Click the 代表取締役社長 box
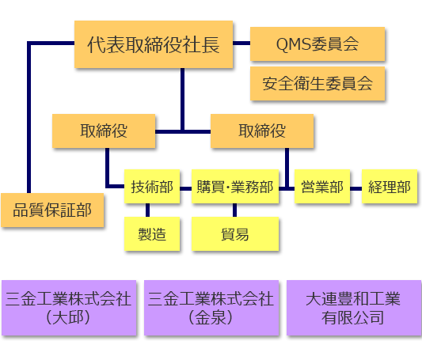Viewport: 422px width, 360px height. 154,44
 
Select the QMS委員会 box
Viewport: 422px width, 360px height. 317,44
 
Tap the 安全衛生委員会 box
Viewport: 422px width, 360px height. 317,84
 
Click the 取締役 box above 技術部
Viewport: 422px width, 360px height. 104,131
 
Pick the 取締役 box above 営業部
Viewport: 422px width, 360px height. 262,131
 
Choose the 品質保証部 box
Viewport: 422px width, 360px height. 52,210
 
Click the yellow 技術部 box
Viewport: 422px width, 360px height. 152,186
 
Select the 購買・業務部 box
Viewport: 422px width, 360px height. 235,186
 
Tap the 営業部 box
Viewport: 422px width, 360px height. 322,186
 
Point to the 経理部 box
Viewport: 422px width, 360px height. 390,186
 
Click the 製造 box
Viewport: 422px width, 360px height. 152,233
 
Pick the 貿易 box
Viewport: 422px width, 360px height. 235,233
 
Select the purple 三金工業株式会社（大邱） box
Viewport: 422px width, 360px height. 69,308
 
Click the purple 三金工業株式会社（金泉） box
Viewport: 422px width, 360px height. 211,308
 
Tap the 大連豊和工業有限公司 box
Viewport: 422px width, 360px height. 354,308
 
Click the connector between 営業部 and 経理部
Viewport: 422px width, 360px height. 355,188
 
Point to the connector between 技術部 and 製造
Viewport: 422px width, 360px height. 147,210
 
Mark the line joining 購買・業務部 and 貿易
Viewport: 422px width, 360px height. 234,210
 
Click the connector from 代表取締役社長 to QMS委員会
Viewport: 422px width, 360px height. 241,43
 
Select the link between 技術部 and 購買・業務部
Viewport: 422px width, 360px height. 185,188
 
